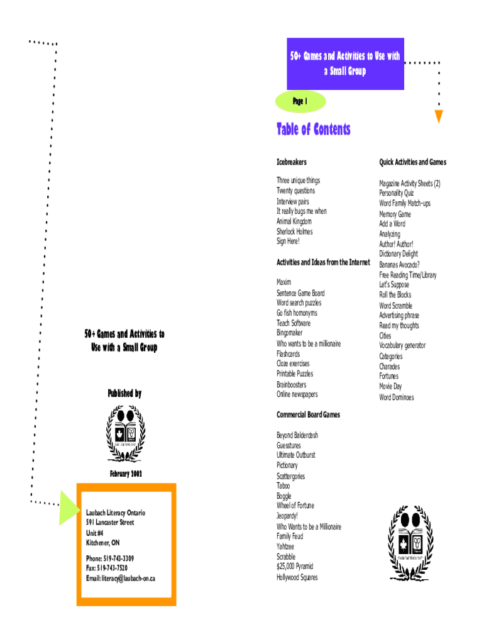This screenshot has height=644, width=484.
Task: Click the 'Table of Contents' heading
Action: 313,130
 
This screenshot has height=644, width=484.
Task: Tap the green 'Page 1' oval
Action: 300,101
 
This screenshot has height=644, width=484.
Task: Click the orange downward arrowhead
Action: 439,116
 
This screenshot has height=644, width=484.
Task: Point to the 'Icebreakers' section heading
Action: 292,162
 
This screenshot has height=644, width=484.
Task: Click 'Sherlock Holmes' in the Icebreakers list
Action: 294,231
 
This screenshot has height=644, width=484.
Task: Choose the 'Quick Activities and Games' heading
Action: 412,162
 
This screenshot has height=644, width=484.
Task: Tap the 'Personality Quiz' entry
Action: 396,193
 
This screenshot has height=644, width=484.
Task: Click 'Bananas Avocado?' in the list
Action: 399,264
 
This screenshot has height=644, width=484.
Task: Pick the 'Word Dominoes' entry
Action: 396,397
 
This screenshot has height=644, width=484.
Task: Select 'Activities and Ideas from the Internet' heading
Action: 323,262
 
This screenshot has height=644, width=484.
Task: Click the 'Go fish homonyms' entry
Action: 297,313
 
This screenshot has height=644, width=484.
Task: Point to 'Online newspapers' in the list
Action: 297,394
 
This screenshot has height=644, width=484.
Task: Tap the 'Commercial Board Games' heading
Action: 308,415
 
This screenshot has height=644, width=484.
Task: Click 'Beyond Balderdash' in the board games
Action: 297,435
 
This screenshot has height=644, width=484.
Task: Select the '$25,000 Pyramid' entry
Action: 295,567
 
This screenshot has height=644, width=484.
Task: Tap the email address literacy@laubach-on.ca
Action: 120,579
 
